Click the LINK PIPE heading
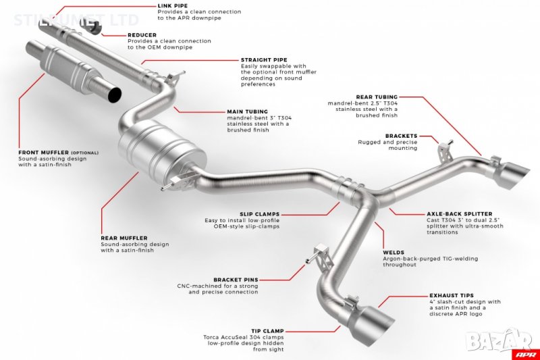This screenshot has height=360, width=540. click(x=173, y=5)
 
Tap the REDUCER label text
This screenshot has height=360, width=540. click(x=142, y=35)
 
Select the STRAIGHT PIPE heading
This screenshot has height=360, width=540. click(x=264, y=59)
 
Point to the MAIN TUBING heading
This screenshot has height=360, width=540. click(x=247, y=111)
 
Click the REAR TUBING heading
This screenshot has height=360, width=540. click(x=377, y=97)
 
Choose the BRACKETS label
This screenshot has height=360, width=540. click(x=401, y=136)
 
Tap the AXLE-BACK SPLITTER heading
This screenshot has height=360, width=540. click(x=460, y=214)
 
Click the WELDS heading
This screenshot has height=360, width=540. click(x=394, y=253)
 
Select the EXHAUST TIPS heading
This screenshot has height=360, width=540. click(x=452, y=296)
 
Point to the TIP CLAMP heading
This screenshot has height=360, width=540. click(x=267, y=331)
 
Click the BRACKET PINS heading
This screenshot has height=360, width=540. click(x=236, y=280)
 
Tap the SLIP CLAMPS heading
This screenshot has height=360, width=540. click(x=259, y=214)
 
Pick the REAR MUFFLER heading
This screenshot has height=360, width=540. click(x=124, y=238)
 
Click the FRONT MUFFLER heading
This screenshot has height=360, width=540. click(x=44, y=153)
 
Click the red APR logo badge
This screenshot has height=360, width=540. click(x=526, y=354)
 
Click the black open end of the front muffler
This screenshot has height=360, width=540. click(x=115, y=95)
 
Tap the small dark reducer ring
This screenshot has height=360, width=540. click(x=93, y=28)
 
